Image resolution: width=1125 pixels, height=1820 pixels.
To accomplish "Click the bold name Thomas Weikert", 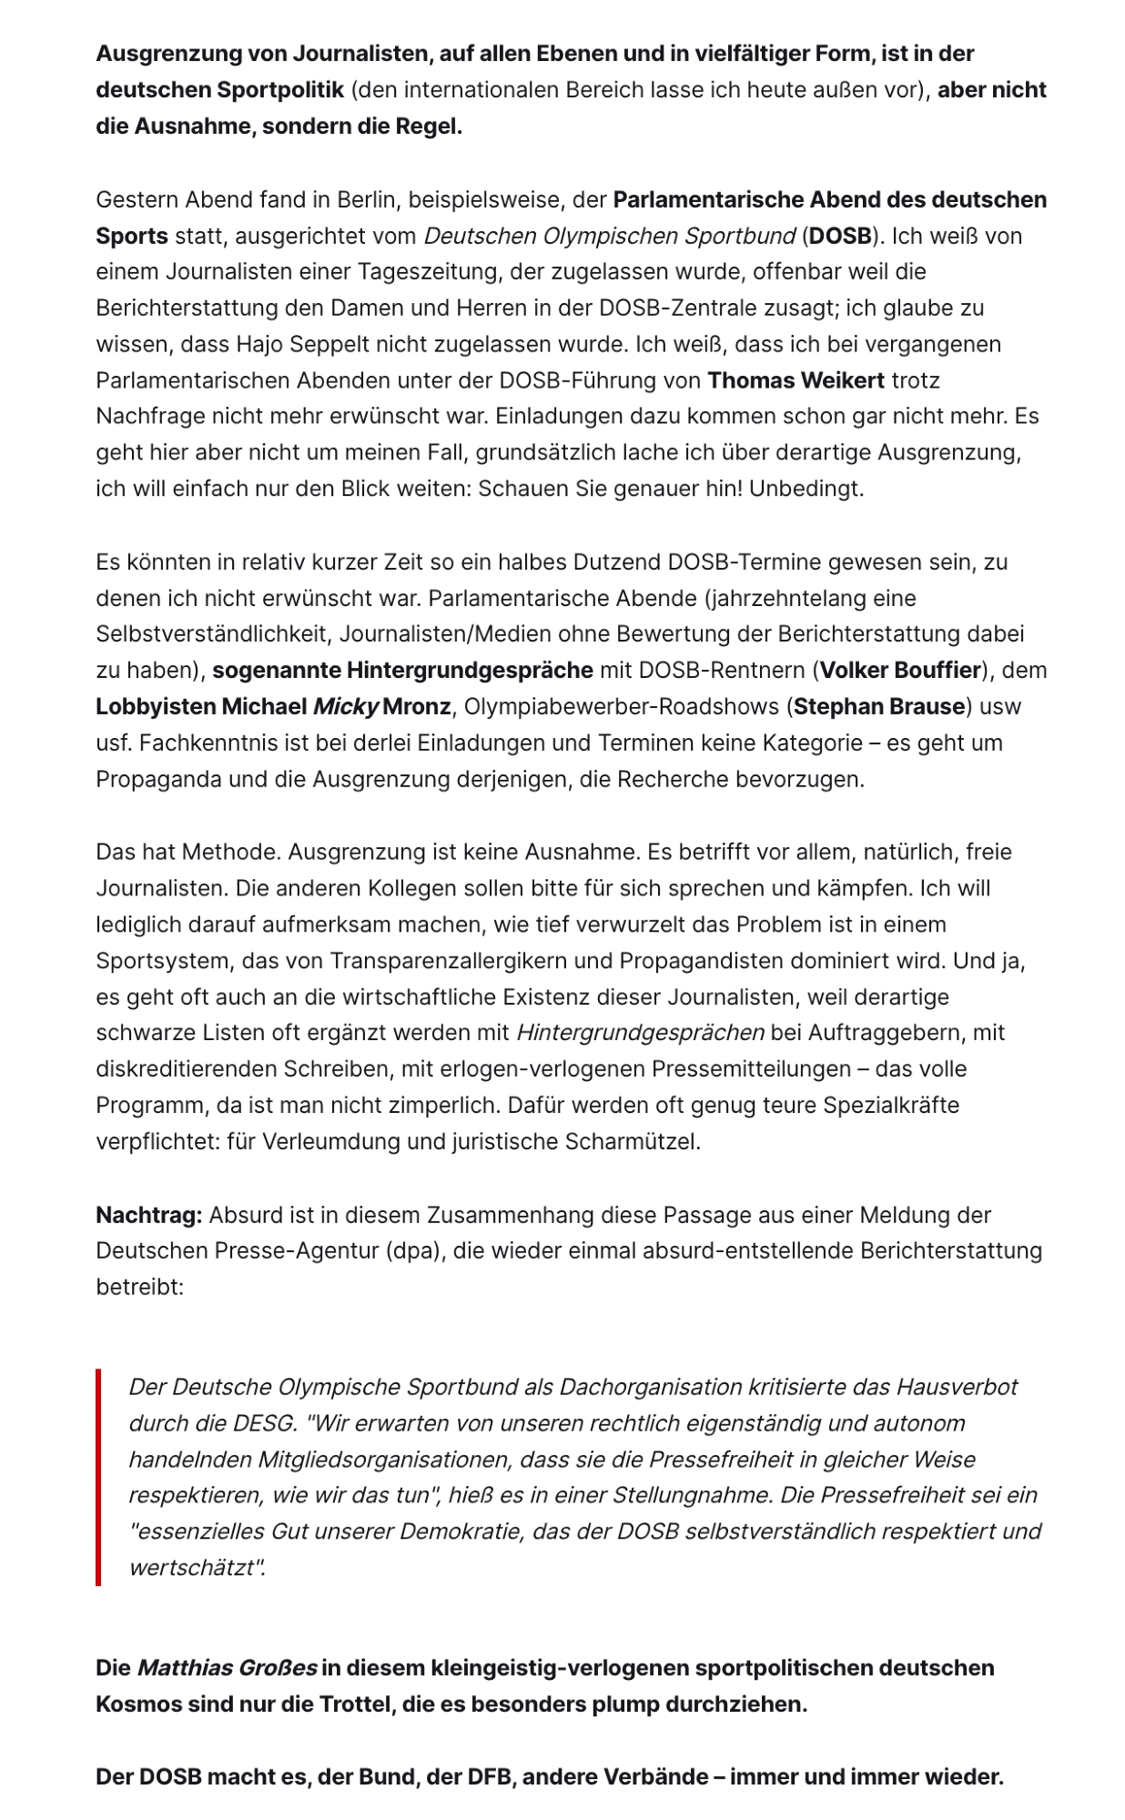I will pos(796,380).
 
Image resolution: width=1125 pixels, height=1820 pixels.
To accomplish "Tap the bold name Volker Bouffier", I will pos(900,671).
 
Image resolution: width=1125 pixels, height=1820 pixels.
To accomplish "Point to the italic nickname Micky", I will pos(345,707).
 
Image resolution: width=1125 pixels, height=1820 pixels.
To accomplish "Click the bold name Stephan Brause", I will pos(879,707).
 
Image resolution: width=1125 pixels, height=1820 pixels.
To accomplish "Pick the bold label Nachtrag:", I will pos(149,1215).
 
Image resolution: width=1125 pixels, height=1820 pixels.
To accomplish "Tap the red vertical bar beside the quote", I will pos(98,1477).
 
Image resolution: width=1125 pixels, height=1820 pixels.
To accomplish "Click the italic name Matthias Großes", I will pos(227,1668).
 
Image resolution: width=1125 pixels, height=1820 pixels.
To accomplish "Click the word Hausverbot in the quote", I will pos(957,1387).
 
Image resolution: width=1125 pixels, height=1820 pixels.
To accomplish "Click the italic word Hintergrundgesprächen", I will pos(640,1033).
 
